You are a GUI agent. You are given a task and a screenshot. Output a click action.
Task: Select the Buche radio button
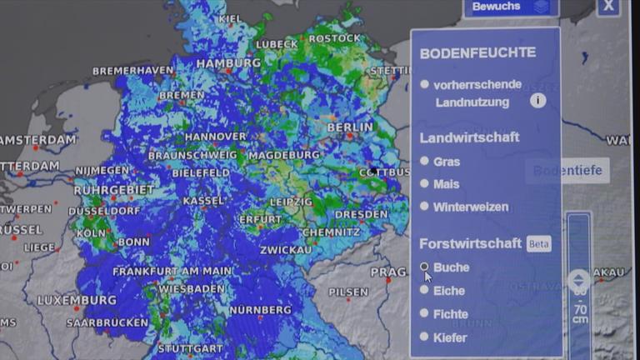[425, 267]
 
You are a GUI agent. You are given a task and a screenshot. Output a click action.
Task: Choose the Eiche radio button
[425, 290]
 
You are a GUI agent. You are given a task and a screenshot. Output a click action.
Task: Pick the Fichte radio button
[425, 313]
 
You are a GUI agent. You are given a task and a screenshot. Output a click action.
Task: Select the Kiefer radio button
[425, 337]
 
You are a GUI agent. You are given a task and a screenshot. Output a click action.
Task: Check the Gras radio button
[425, 161]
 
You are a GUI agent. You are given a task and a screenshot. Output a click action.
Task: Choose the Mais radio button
[425, 183]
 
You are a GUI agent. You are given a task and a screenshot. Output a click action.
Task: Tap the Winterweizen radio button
[425, 206]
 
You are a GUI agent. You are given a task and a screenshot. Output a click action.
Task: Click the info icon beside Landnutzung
[537, 101]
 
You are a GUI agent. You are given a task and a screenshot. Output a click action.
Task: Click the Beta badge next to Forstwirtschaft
[538, 244]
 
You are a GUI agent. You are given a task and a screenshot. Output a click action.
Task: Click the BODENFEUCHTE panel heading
[477, 53]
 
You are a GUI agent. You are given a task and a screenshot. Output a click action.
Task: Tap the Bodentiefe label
[567, 171]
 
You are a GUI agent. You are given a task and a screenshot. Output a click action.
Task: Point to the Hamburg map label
[229, 62]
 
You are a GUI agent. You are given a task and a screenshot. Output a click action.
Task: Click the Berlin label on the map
[350, 127]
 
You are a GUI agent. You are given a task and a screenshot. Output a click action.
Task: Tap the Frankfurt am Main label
[172, 272]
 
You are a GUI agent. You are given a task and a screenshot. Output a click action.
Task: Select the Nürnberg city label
[260, 310]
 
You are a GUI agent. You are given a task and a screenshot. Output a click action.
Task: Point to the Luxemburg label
[77, 300]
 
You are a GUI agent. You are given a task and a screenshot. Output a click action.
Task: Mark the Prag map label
[388, 272]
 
